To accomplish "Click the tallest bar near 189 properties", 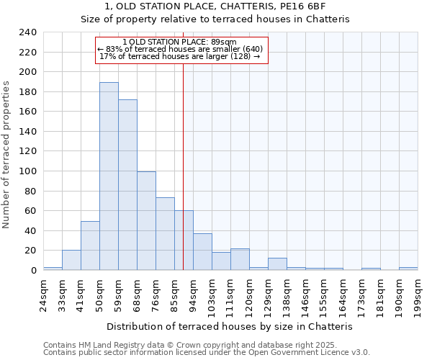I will pyautogui.click(x=109, y=176).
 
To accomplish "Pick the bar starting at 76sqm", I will pyautogui.click(x=165, y=234).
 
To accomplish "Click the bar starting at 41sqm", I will pyautogui.click(x=90, y=246).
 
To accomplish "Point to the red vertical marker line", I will pyautogui.click(x=183, y=158).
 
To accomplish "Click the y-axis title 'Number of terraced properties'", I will pyautogui.click(x=6, y=154).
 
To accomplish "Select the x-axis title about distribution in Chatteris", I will pyautogui.click(x=230, y=326).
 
